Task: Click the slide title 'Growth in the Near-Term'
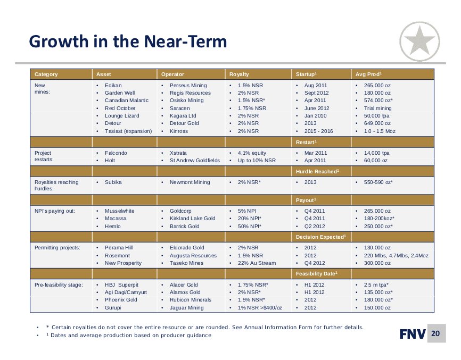coord(128,41)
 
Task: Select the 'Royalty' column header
coord(239,74)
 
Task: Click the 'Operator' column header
coord(172,74)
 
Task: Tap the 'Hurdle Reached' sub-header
coord(316,172)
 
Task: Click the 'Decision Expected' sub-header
coord(320,237)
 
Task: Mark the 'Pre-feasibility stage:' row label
coord(59,285)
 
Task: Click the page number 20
coord(436,334)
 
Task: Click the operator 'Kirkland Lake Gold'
coord(192,219)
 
